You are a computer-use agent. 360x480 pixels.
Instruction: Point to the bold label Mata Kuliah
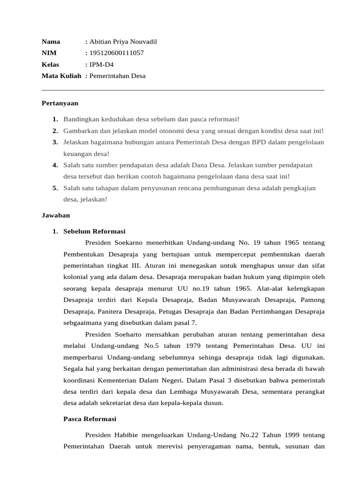click(x=61, y=75)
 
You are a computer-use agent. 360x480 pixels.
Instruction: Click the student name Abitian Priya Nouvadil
click(x=123, y=42)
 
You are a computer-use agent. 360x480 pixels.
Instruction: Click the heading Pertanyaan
click(x=60, y=103)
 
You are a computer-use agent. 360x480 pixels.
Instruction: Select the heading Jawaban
click(x=56, y=215)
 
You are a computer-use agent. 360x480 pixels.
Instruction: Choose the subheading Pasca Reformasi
click(x=90, y=419)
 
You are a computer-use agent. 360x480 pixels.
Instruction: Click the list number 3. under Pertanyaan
click(x=55, y=142)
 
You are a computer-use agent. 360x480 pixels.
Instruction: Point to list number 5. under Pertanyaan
click(x=55, y=188)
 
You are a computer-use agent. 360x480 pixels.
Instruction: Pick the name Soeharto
click(x=132, y=334)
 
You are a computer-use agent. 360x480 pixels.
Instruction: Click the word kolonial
click(x=75, y=277)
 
